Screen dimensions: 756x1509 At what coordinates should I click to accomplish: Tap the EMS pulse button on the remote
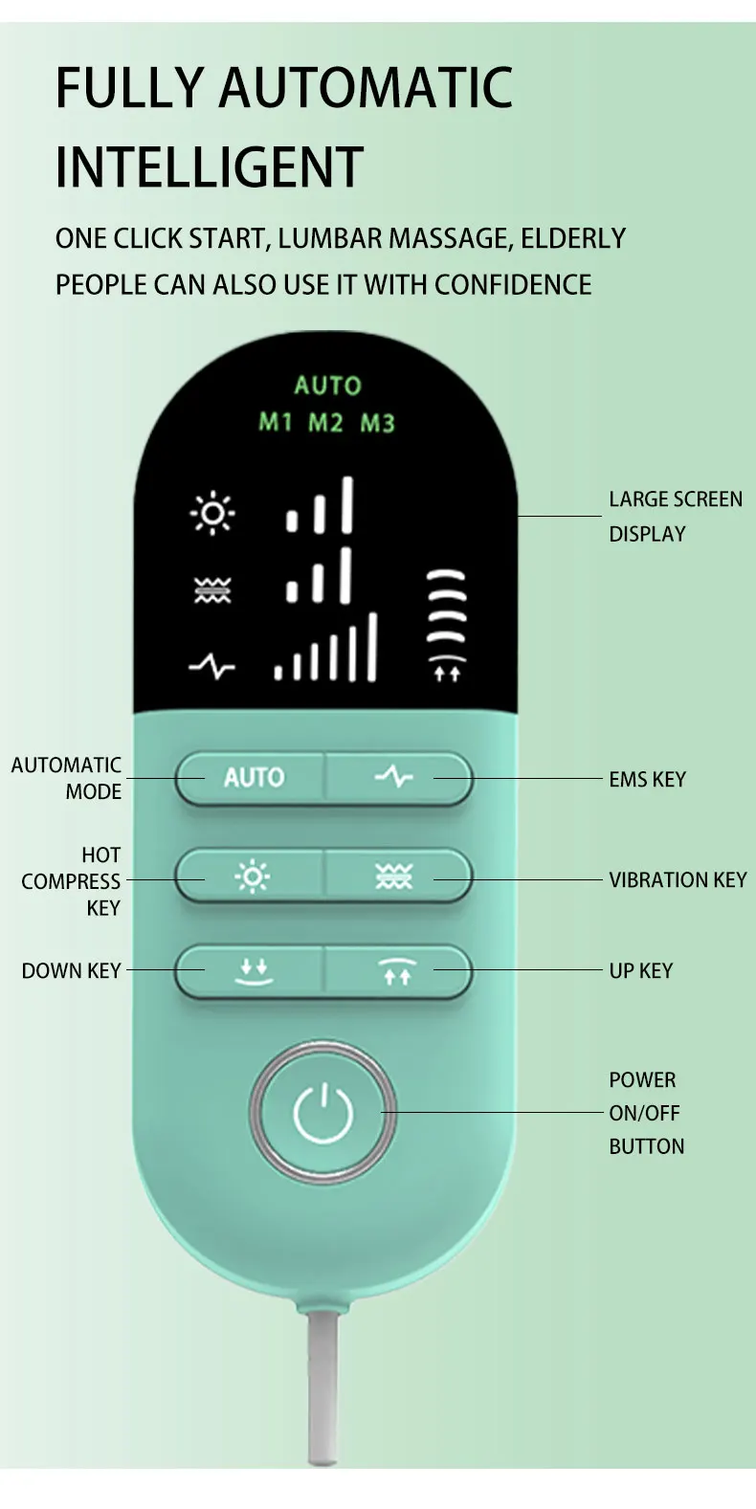coord(397,778)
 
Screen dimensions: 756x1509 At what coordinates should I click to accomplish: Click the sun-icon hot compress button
coord(251,876)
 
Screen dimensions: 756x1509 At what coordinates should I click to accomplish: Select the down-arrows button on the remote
coord(251,971)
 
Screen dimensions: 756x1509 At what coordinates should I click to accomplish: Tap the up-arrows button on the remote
coord(397,971)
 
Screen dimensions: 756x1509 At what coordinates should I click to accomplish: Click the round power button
coord(322,1112)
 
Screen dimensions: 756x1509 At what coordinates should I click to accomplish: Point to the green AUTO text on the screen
coord(328,386)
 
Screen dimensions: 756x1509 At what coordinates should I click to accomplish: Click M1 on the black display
coord(275,422)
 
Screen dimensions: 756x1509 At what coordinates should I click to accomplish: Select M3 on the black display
coord(377,423)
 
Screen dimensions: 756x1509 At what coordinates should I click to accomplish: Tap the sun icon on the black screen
coord(212,513)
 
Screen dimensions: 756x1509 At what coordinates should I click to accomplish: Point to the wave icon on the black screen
coord(212,590)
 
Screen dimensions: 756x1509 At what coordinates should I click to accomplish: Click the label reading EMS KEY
coord(647,780)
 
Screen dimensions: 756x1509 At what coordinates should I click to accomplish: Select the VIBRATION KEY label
coord(678,879)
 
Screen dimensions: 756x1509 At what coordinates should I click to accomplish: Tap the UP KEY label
coord(641,970)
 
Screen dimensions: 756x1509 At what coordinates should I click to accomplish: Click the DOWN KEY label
coord(72,970)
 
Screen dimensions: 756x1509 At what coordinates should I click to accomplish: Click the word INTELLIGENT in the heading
coord(210,166)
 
